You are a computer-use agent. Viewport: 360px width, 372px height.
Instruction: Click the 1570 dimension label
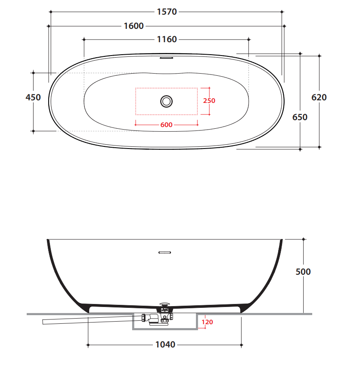coord(167,12)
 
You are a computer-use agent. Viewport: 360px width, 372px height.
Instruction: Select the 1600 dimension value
coord(133,26)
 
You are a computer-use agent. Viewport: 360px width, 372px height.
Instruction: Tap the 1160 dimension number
coord(167,39)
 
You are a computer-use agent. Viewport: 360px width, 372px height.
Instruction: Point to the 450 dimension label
coord(33,97)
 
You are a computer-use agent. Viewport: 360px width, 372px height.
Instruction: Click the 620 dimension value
coord(319,97)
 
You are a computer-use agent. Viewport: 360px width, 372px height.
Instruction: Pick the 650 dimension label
coord(300,117)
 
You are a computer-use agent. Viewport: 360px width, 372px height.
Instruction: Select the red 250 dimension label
coord(209,101)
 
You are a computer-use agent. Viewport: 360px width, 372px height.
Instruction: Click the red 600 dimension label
coord(166,125)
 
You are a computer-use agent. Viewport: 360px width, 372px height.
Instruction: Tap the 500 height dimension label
coord(303,272)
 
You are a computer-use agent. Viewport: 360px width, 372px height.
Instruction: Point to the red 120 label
coord(207,322)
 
